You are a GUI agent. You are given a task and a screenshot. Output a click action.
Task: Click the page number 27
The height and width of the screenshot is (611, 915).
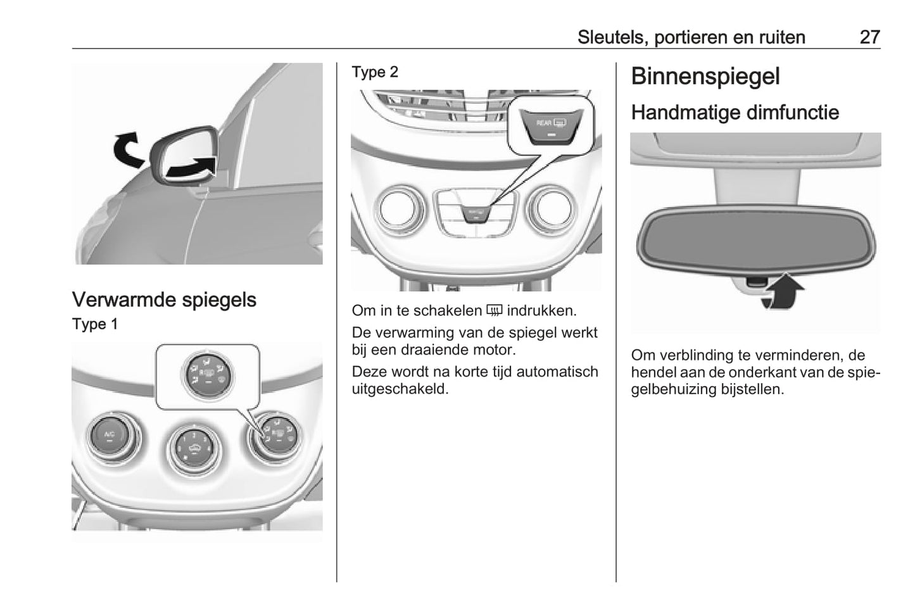click(869, 37)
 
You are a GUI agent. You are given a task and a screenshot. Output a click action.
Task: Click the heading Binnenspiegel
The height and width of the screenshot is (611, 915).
click(705, 77)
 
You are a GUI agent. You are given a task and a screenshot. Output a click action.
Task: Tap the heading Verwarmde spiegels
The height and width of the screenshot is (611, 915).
click(164, 299)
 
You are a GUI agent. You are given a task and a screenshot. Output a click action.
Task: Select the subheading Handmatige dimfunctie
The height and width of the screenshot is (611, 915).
click(735, 112)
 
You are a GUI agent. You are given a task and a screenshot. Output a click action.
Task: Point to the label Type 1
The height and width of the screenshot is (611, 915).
click(95, 324)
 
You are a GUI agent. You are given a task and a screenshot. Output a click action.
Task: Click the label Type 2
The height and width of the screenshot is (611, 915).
click(375, 72)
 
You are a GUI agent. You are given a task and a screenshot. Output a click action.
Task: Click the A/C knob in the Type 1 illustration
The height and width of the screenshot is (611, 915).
click(110, 437)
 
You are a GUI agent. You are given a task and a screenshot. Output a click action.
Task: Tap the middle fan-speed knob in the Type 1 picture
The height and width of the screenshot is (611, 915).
click(194, 449)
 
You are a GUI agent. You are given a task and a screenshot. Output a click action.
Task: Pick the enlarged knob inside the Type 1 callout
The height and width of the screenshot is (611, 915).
click(208, 375)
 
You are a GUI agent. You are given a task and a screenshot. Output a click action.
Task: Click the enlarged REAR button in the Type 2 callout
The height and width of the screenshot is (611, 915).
click(551, 127)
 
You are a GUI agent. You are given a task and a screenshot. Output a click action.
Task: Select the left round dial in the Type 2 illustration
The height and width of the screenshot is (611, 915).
click(401, 209)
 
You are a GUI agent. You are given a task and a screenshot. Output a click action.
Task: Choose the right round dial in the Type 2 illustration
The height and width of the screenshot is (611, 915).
click(552, 209)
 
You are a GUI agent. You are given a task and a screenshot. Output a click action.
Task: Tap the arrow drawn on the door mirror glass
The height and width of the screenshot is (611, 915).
click(191, 167)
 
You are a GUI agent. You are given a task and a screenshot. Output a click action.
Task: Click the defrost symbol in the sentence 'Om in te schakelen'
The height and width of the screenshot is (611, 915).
click(495, 311)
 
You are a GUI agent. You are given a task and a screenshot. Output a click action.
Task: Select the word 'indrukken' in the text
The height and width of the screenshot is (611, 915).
click(541, 311)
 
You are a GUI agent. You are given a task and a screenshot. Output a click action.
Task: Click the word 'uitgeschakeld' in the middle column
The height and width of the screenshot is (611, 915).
click(400, 389)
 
